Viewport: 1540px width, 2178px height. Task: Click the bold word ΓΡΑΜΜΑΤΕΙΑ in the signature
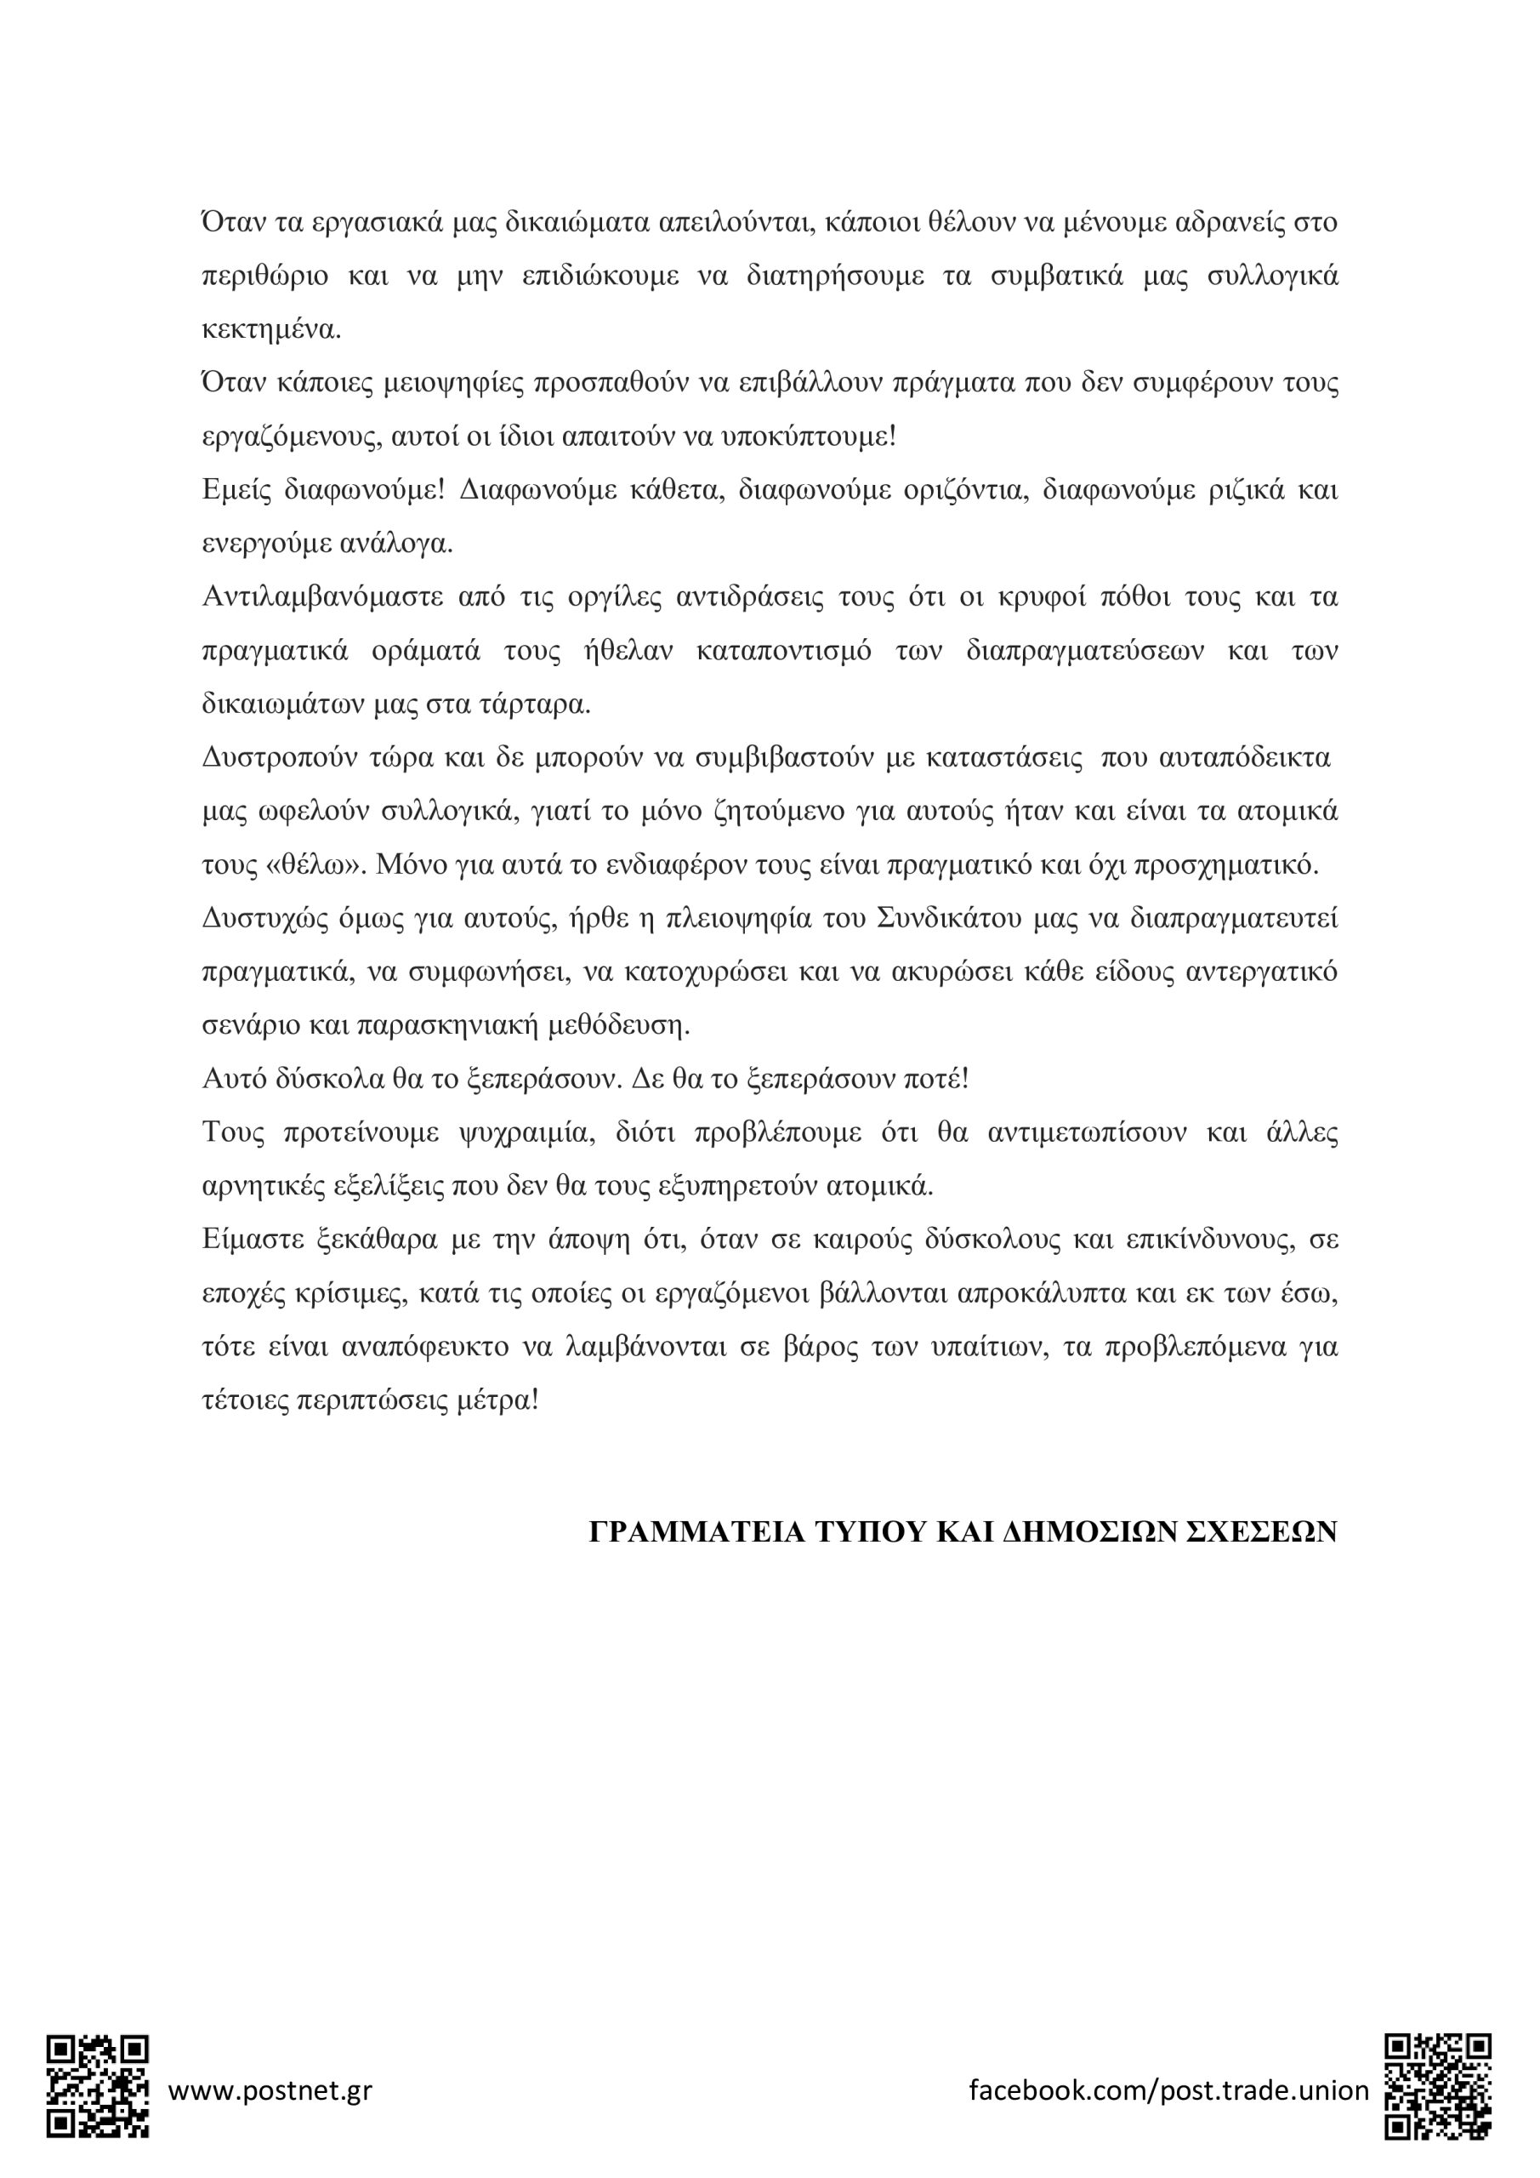coord(697,1533)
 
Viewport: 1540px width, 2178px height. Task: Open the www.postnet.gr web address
coord(270,2090)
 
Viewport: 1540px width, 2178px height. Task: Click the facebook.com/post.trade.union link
coord(1168,2090)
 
